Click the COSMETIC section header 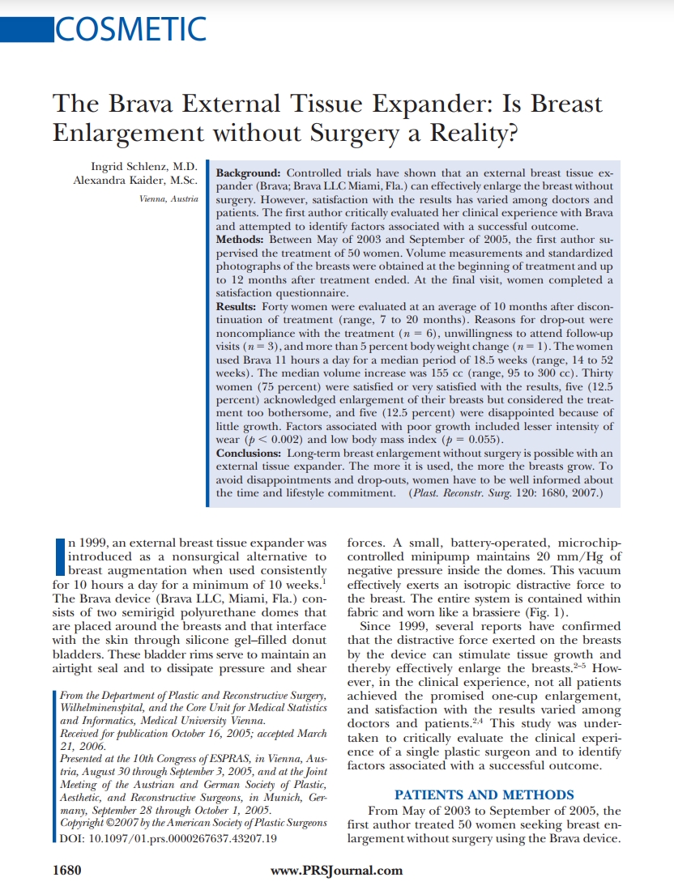tap(129, 29)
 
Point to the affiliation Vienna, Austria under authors tap(168, 198)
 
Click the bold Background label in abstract tap(249, 173)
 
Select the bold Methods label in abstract tap(241, 241)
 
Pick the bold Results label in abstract tap(237, 308)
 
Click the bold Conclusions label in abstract tap(250, 453)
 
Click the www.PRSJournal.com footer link tap(336, 871)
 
